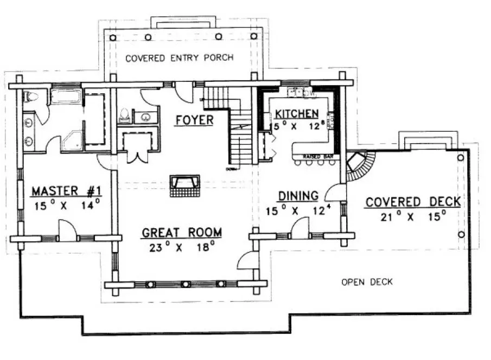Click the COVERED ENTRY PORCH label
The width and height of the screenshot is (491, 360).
pyautogui.click(x=179, y=57)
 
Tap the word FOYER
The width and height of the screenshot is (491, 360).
pyautogui.click(x=194, y=120)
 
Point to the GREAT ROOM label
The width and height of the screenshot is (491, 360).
pyautogui.click(x=181, y=233)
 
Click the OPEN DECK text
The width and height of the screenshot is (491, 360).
pyautogui.click(x=367, y=282)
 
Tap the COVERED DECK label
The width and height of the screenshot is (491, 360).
pyautogui.click(x=412, y=202)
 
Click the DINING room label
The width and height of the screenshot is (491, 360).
pyautogui.click(x=298, y=196)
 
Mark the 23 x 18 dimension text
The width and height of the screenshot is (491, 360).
pyautogui.click(x=181, y=248)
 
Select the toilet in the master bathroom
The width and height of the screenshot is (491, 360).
pyautogui.click(x=31, y=98)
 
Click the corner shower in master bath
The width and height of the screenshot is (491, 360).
pyautogui.click(x=73, y=140)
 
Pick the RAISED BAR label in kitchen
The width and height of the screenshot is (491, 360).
pyautogui.click(x=314, y=157)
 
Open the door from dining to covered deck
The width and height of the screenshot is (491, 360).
pyautogui.click(x=335, y=193)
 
